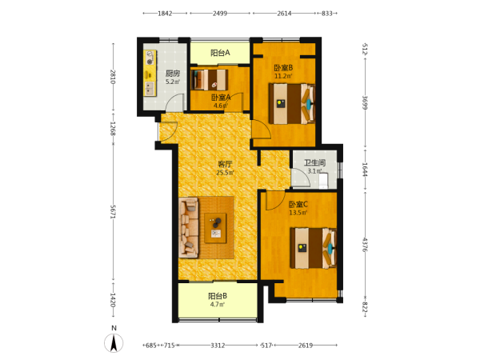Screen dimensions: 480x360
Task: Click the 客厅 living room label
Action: point(225,163)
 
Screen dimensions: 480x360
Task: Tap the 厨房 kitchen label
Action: point(173,74)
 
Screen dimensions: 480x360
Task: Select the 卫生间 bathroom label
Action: point(314,163)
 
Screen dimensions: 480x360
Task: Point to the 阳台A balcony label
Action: point(220,53)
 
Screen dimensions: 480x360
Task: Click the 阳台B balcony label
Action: point(218,296)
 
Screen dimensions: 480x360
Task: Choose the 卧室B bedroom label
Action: point(283,68)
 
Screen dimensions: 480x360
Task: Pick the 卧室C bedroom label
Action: point(298,204)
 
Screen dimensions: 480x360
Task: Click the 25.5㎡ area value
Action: point(225,173)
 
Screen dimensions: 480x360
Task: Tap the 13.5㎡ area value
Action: point(298,213)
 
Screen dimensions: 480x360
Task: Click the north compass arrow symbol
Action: point(114,343)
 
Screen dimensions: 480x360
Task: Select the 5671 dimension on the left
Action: point(113,211)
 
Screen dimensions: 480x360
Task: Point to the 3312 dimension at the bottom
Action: point(218,346)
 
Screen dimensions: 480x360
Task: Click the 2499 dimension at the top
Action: point(220,13)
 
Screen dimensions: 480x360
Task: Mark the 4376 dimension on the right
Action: point(365,245)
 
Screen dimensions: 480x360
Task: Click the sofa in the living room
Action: point(189,228)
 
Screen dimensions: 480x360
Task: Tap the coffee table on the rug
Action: point(215,228)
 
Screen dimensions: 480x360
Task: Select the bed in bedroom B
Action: point(292,104)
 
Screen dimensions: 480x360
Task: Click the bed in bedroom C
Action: point(314,248)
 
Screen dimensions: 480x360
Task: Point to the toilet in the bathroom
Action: point(323,181)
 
